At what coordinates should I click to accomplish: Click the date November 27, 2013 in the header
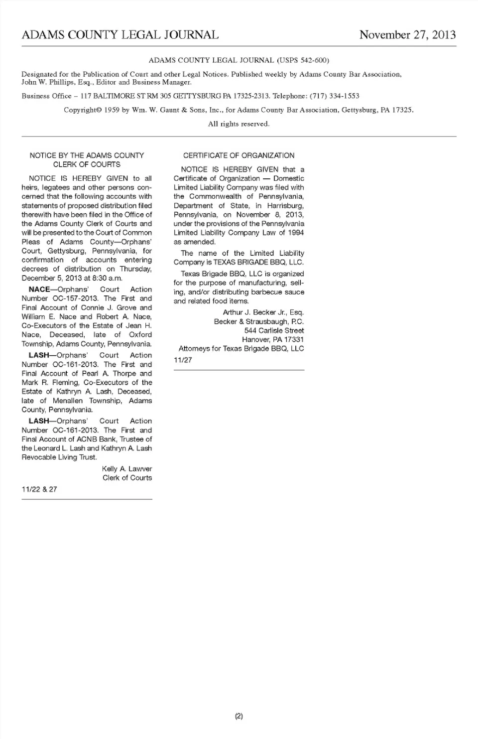coord(407,35)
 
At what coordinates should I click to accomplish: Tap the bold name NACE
coord(39,290)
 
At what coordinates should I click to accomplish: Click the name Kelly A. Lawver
coord(127,469)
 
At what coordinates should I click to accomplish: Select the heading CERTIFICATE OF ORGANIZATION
coord(239,155)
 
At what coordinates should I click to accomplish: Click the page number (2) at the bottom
coord(239,717)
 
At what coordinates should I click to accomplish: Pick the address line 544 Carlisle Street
coord(274,330)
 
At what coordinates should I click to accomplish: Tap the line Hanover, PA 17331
coord(273,339)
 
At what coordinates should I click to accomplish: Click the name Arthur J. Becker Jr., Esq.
coord(263,312)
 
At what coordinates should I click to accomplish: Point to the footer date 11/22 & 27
coord(39,489)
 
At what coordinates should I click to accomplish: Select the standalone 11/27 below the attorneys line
coord(183,360)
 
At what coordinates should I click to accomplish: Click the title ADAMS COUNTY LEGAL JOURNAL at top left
coord(120,35)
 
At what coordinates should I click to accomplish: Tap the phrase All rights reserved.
coord(239,124)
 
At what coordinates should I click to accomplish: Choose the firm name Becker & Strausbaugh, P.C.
coord(259,321)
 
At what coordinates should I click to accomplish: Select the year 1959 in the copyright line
coord(112,110)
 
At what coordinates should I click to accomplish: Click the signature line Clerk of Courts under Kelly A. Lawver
coord(127,478)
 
